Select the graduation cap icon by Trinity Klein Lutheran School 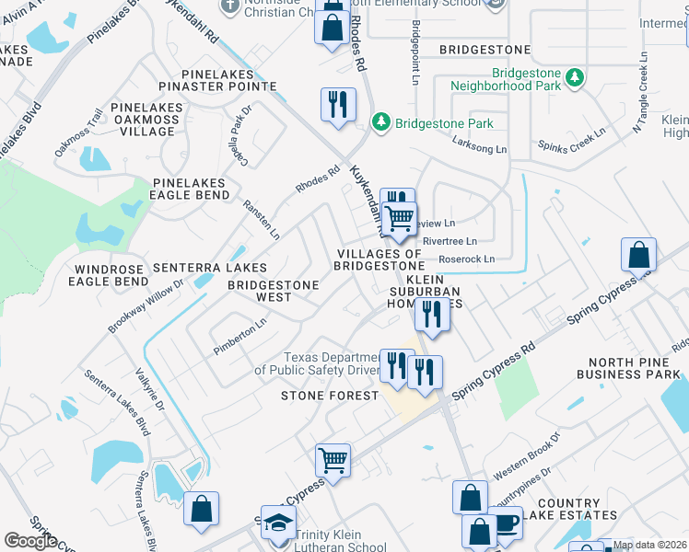pyautogui.click(x=278, y=523)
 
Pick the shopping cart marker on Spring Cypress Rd pyautogui.click(x=333, y=458)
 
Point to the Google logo pyautogui.click(x=30, y=540)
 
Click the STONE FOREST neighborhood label pyautogui.click(x=331, y=396)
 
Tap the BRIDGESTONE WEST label pyautogui.click(x=273, y=291)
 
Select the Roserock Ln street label pyautogui.click(x=466, y=259)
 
